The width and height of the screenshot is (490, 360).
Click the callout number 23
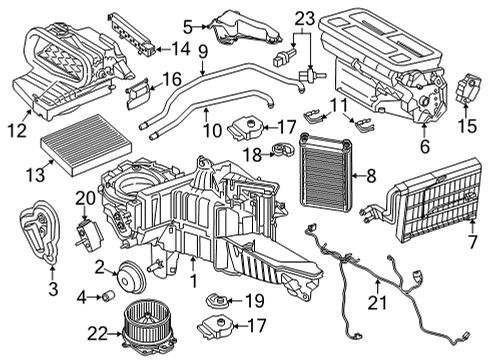(x=304, y=16)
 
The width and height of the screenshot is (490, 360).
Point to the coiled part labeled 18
(x=284, y=152)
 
